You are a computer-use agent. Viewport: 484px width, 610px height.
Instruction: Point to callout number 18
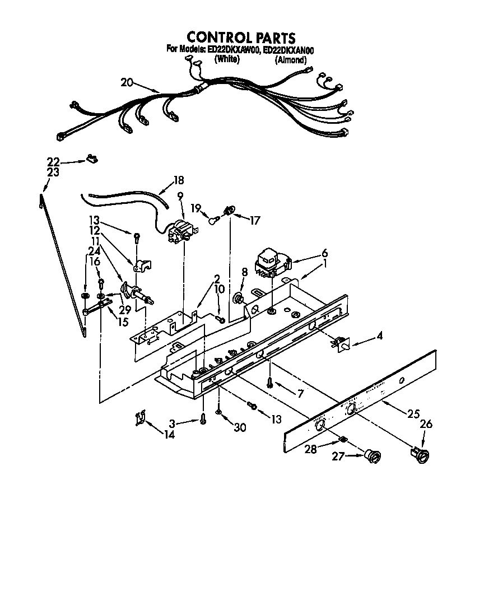pyautogui.click(x=178, y=180)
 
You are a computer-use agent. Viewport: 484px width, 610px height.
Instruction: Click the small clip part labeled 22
pyautogui.click(x=91, y=160)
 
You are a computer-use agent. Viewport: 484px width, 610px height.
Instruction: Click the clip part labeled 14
pyautogui.click(x=140, y=418)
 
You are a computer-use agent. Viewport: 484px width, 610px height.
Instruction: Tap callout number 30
pyautogui.click(x=240, y=427)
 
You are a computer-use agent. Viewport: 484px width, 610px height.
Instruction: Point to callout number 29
pyautogui.click(x=125, y=310)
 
